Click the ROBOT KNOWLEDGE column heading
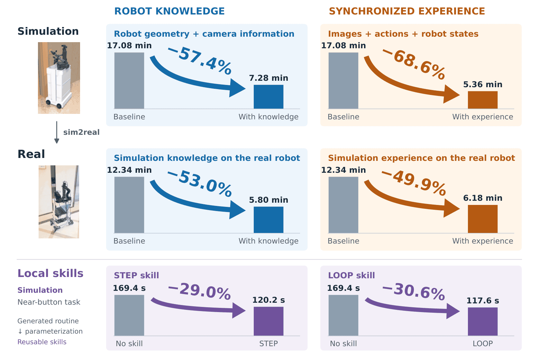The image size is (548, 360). (x=169, y=11)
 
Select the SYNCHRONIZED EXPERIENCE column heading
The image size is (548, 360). (x=407, y=11)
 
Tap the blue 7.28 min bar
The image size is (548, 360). (x=269, y=97)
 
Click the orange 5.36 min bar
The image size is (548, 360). (x=483, y=100)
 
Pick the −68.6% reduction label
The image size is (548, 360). (x=414, y=64)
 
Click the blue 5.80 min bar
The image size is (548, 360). (x=269, y=220)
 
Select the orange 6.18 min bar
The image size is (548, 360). (x=483, y=219)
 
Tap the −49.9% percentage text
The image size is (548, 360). (x=414, y=183)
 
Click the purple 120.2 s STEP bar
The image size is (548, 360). (x=269, y=321)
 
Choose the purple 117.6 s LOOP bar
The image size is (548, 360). (x=483, y=322)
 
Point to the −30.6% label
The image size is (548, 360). (x=414, y=291)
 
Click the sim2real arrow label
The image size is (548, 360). (x=81, y=132)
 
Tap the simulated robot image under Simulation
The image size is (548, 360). (x=59, y=78)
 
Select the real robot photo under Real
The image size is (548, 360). (x=59, y=202)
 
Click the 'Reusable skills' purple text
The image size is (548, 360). (x=42, y=342)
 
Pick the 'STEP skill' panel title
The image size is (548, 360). (x=136, y=275)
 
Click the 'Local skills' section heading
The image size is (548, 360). (x=50, y=273)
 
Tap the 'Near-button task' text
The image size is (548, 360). (x=49, y=302)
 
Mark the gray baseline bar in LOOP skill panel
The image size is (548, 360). (x=343, y=315)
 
